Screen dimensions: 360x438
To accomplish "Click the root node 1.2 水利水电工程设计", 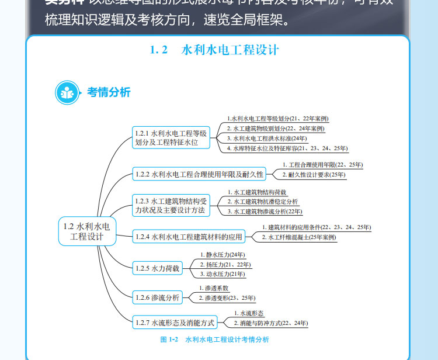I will tap(87, 231).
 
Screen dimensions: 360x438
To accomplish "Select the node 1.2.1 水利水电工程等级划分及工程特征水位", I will tap(170, 137).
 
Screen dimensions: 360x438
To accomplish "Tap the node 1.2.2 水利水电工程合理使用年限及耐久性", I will tap(199, 174).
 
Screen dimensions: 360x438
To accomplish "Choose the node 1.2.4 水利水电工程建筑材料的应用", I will tap(188, 237).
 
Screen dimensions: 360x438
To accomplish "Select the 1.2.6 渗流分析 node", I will tap(157, 297).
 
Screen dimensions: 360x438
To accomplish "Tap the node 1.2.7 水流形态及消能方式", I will tap(175, 322).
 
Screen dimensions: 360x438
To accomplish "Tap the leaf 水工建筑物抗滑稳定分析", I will tap(266, 202).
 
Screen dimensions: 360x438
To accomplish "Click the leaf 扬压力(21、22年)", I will tap(225, 264).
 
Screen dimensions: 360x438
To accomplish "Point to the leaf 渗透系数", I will tap(217, 288).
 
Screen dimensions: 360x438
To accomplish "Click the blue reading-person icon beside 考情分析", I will tap(67, 92).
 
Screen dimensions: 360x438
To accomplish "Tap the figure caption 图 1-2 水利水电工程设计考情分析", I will tap(214, 340).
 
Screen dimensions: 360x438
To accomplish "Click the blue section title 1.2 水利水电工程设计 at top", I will tap(214, 50).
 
